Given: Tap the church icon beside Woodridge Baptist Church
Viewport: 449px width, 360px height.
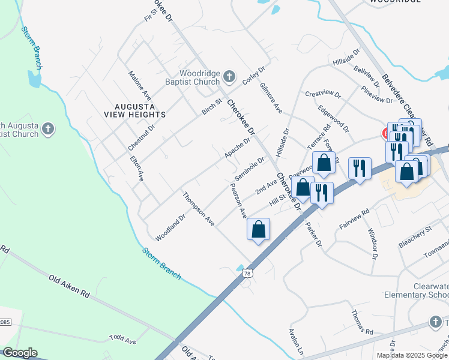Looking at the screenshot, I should [x=228, y=76].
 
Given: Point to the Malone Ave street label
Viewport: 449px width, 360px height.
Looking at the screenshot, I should [x=139, y=85].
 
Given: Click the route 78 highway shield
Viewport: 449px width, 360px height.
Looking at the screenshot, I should [x=247, y=274].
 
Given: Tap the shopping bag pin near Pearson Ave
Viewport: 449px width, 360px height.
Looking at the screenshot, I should [x=258, y=230].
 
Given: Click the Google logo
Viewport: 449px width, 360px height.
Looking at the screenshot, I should [x=20, y=353].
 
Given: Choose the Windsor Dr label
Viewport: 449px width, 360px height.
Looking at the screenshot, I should [x=373, y=244].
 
